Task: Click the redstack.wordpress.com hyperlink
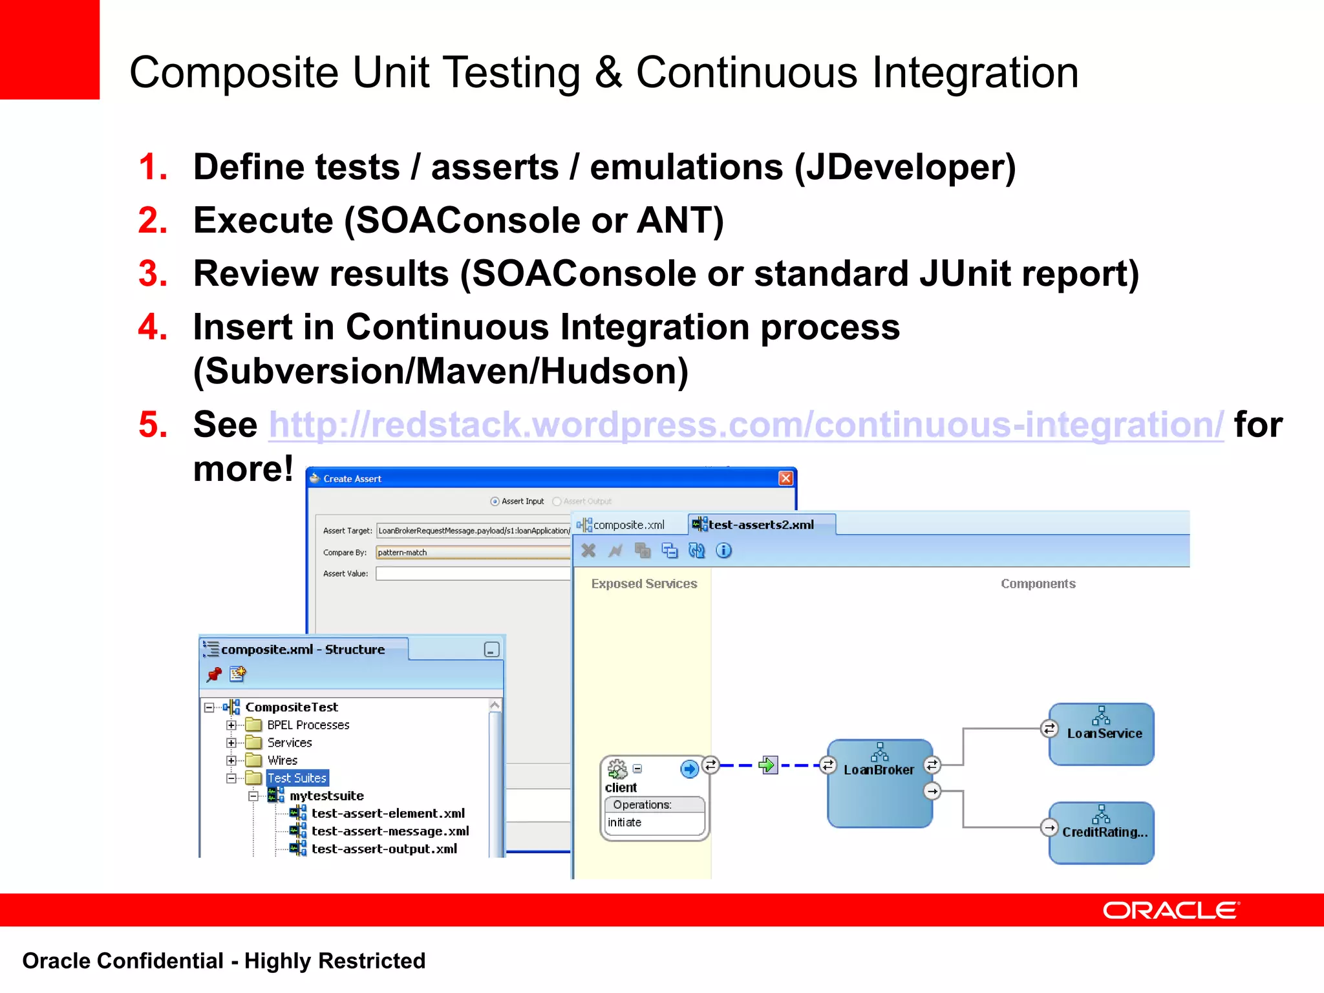click(x=746, y=425)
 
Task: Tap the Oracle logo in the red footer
click(x=1170, y=910)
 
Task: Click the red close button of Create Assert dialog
click(x=785, y=478)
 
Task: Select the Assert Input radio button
click(x=495, y=501)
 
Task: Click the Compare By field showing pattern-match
click(x=472, y=552)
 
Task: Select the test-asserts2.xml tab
click(x=760, y=525)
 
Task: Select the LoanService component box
click(x=1102, y=734)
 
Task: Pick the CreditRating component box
click(x=1102, y=833)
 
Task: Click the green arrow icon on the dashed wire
click(x=767, y=765)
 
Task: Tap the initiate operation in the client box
click(x=625, y=822)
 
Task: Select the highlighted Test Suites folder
click(x=297, y=778)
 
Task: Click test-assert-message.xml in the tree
click(x=389, y=831)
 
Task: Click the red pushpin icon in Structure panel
click(x=214, y=675)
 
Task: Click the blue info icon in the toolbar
click(x=724, y=550)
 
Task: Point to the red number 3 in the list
click(x=153, y=273)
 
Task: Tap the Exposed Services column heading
click(x=644, y=584)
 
